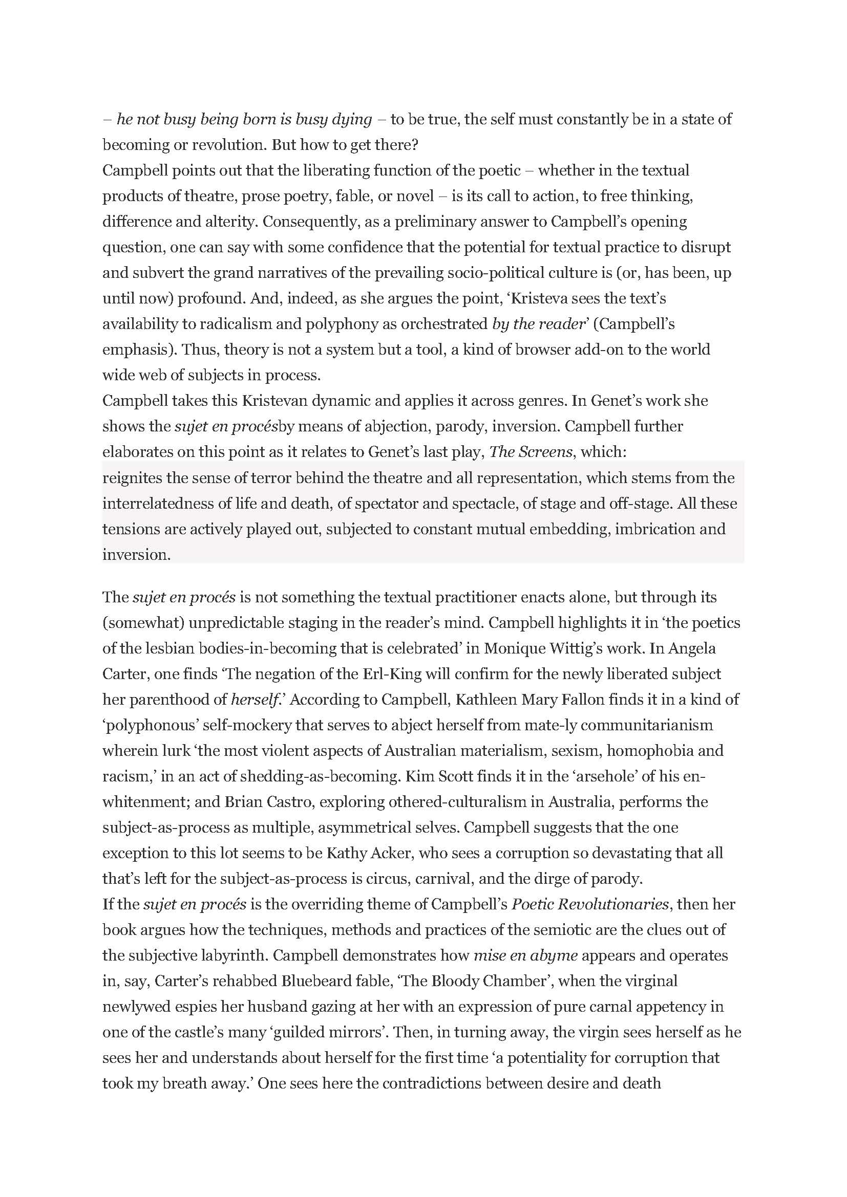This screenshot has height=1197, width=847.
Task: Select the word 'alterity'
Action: point(230,222)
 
